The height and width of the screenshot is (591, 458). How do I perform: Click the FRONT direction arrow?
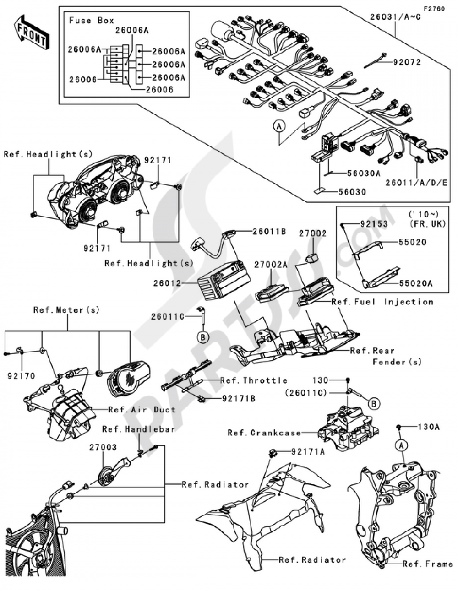tap(32, 32)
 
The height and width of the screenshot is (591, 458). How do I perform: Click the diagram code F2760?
tap(433, 9)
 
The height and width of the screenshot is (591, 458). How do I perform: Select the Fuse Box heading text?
tap(92, 20)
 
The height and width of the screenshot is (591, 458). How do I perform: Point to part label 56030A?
tap(364, 174)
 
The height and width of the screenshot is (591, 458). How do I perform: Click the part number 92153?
tap(374, 224)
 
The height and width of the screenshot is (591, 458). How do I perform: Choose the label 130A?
tap(429, 427)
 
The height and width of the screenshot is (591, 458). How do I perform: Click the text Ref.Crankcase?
tap(264, 433)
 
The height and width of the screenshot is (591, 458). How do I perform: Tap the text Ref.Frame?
tap(427, 564)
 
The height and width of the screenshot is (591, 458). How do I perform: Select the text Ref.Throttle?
tap(254, 380)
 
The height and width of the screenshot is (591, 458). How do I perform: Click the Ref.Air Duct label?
tap(142, 409)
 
